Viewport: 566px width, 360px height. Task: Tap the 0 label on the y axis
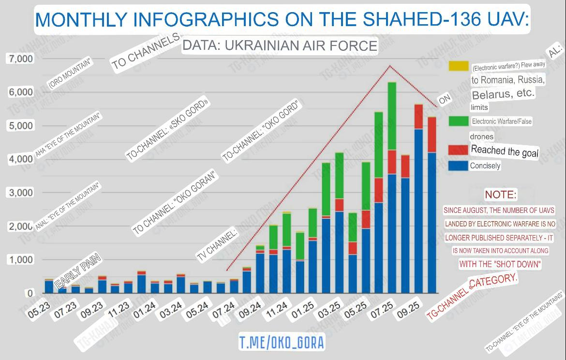pos(30,293)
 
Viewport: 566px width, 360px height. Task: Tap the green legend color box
pos(458,120)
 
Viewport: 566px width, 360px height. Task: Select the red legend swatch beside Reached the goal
pos(458,150)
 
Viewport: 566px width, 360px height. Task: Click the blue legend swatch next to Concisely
pos(458,165)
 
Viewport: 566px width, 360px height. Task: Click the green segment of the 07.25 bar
pos(392,116)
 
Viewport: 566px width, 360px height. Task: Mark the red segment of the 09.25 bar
pos(418,116)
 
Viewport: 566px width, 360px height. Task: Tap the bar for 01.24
pos(141,284)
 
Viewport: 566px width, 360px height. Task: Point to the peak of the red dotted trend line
pos(390,65)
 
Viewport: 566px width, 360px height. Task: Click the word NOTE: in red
pos(501,195)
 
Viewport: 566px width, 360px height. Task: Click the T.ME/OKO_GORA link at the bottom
pos(282,343)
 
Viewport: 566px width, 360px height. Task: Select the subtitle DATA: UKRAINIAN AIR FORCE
pos(280,45)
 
